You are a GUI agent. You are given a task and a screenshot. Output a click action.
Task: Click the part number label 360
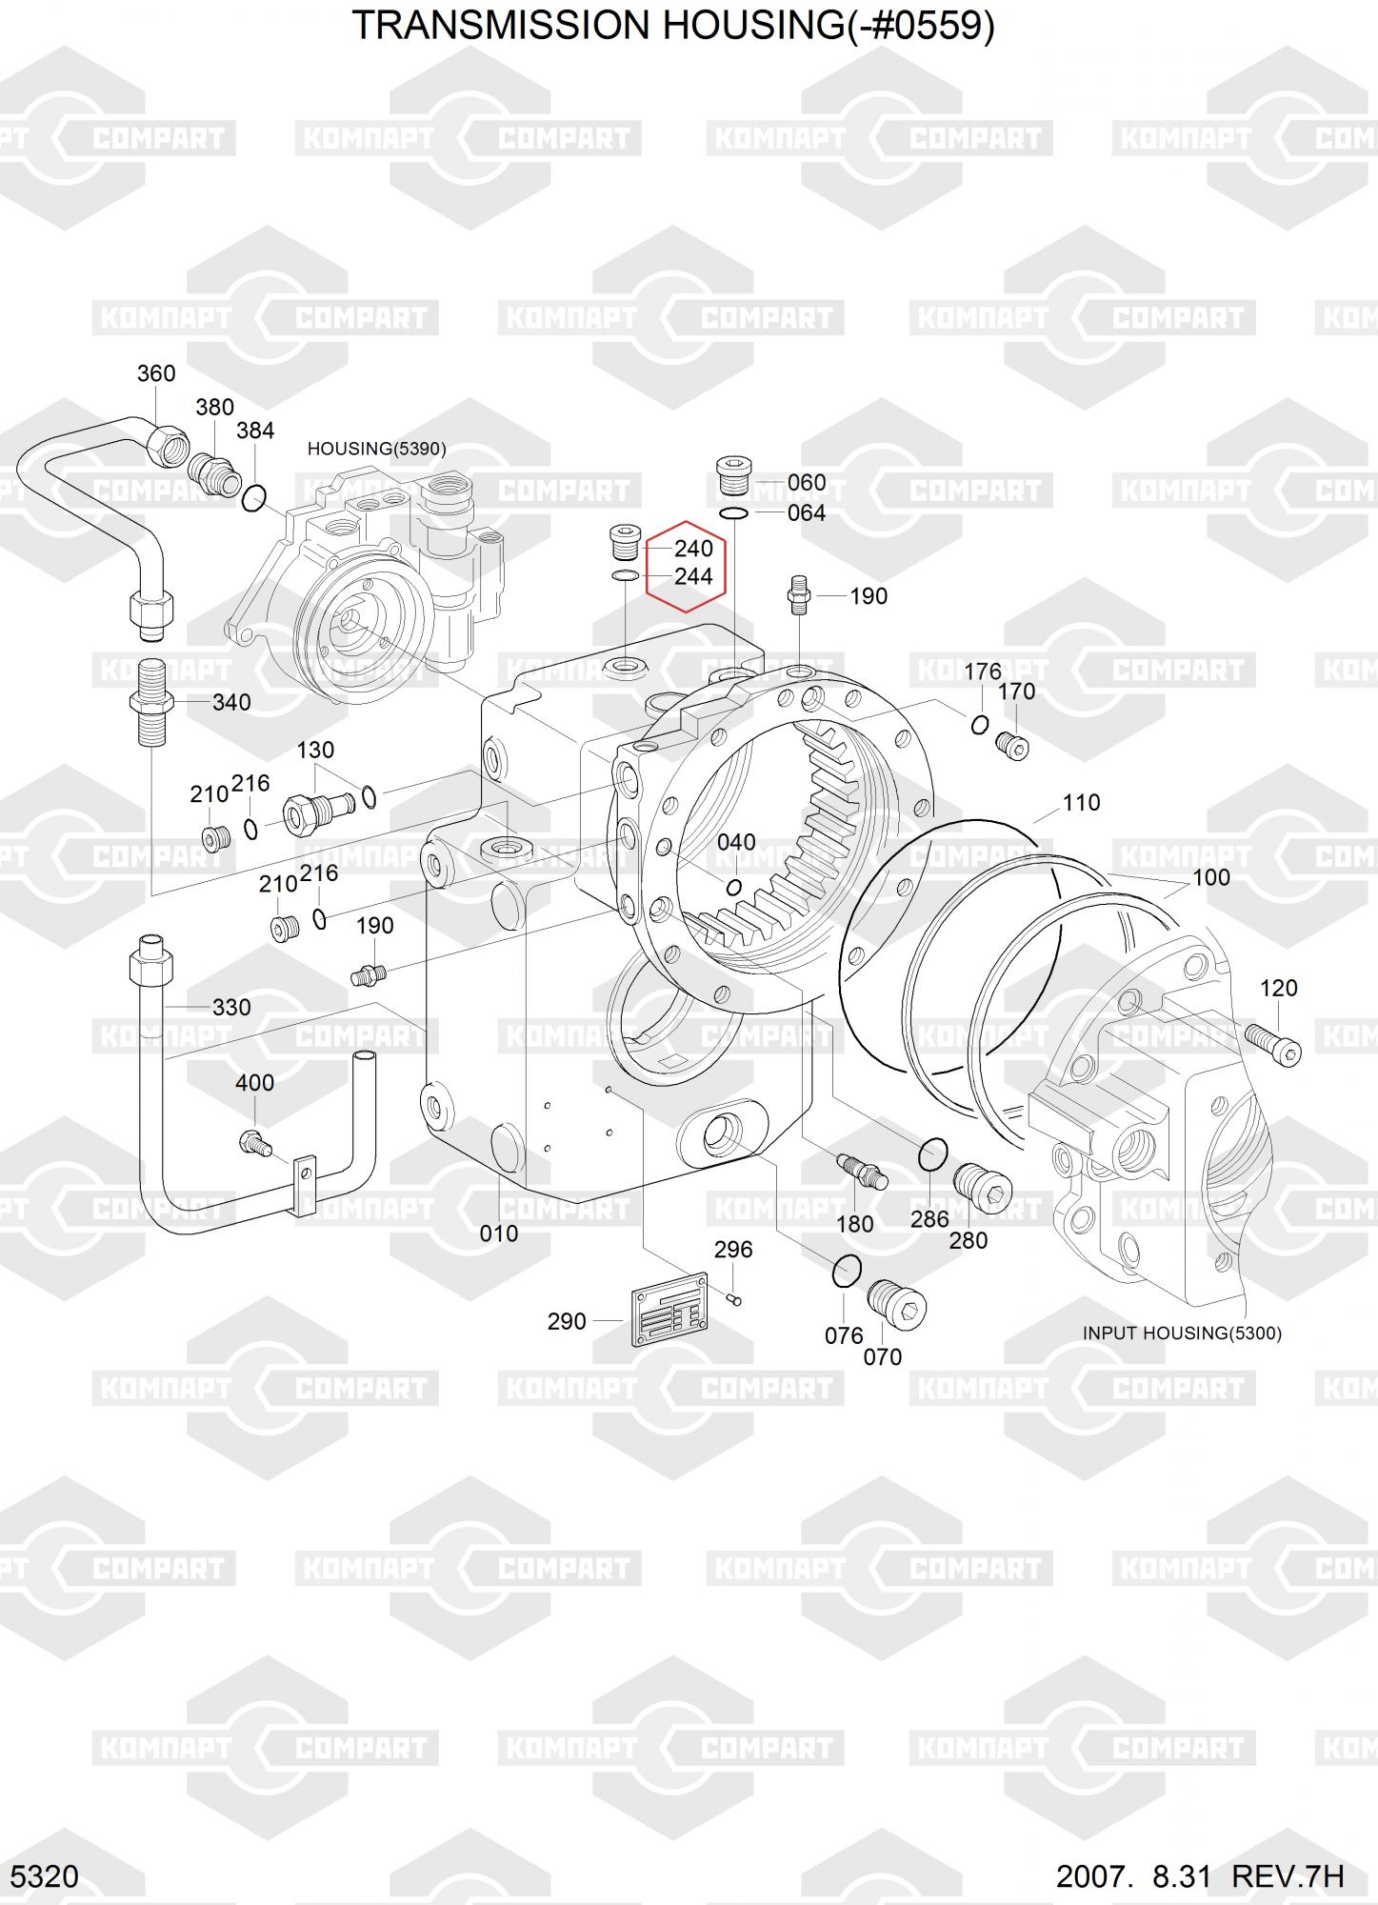pos(156,373)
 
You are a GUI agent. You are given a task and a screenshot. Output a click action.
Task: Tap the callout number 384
pos(255,431)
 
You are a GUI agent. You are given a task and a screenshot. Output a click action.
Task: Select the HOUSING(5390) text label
pos(376,449)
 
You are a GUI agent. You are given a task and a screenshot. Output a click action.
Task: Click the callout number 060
pos(807,483)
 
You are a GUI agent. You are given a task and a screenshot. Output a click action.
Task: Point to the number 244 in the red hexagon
pos(693,576)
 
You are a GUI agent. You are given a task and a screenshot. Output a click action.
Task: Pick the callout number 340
pos(231,703)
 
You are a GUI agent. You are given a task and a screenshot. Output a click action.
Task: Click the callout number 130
pos(315,751)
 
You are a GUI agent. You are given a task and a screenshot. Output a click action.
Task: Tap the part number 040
pos(736,842)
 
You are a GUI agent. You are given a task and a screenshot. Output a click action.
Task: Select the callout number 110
pos(1081,803)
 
